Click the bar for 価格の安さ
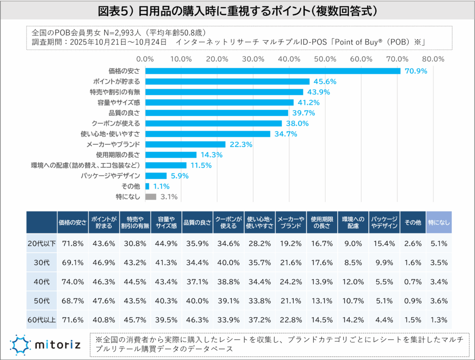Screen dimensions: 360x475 click(273, 71)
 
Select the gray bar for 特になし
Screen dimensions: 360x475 click(151, 197)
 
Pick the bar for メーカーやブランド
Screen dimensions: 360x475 click(186, 144)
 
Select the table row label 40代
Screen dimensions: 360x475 click(41, 282)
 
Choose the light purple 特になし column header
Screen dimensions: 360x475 click(438, 222)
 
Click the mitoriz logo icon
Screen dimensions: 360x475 click(21, 344)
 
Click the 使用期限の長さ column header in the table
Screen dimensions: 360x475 click(321, 222)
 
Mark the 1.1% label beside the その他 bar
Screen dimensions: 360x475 click(160, 186)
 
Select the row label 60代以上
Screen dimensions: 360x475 click(41, 320)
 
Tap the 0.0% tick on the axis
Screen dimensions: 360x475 click(146, 59)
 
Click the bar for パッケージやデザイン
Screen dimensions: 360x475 click(156, 176)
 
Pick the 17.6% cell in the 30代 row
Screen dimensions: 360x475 click(321, 263)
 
